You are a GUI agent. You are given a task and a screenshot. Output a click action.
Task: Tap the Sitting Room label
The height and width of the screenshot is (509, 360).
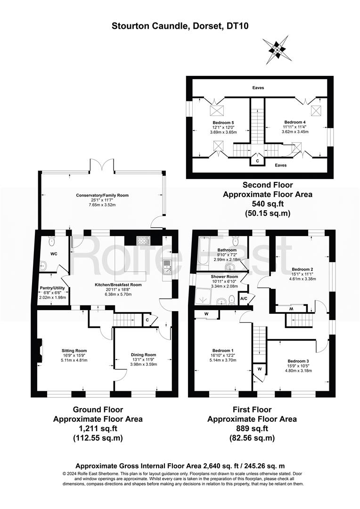(x=74, y=351)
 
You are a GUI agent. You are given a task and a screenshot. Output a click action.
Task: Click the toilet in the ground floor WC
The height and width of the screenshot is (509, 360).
(x=51, y=241)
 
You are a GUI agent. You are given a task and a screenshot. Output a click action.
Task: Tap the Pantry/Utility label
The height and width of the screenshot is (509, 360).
(x=52, y=288)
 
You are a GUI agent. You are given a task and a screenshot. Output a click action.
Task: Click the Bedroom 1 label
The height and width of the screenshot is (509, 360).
(x=223, y=351)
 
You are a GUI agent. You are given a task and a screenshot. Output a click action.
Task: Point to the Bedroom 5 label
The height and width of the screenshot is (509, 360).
(x=223, y=123)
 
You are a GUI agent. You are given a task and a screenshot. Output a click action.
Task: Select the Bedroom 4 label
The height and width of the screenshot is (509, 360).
(x=295, y=122)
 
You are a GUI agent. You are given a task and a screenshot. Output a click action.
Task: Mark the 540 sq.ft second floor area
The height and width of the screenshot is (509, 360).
(x=268, y=204)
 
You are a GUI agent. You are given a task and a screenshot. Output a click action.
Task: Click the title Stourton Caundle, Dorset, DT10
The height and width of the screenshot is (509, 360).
(x=180, y=26)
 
